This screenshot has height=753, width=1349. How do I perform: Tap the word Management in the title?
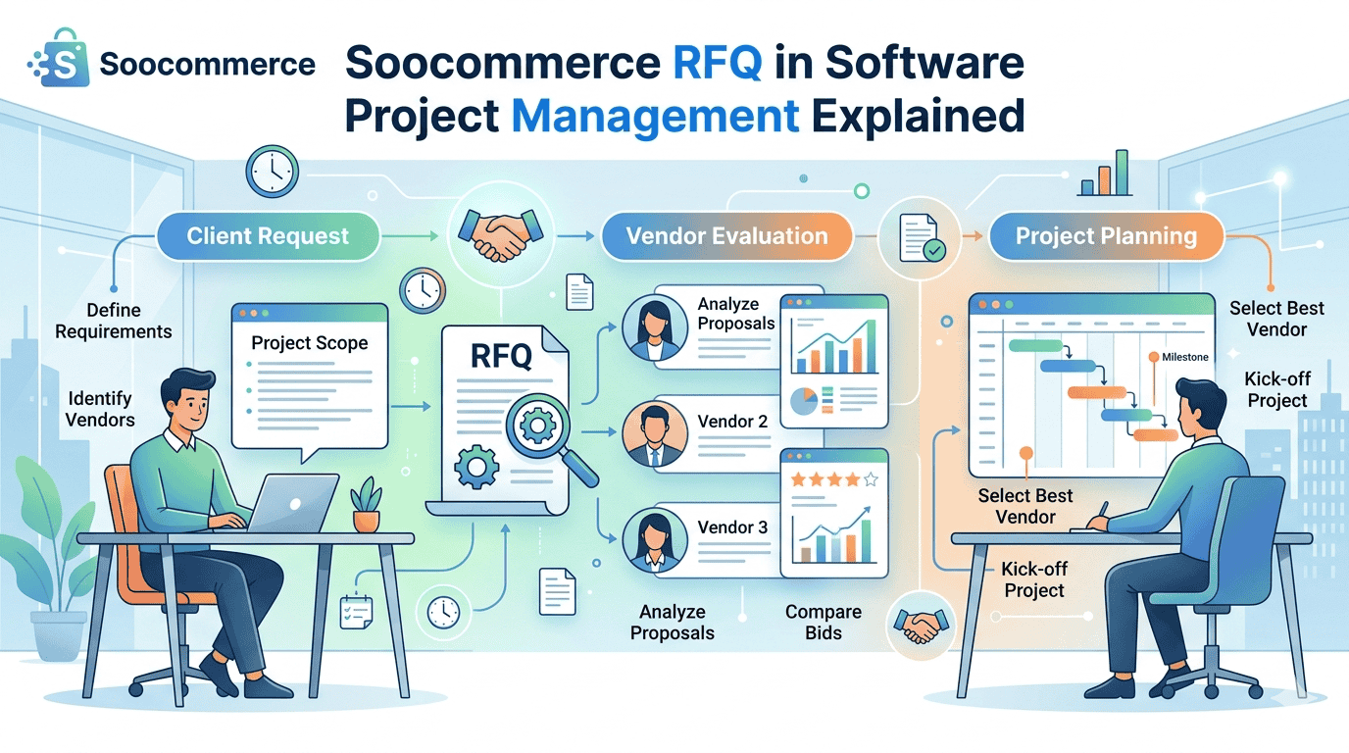click(x=655, y=116)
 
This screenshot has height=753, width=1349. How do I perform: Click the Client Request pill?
click(x=268, y=236)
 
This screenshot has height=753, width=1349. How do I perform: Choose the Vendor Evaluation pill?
click(x=726, y=236)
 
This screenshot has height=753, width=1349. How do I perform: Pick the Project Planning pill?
click(x=1105, y=236)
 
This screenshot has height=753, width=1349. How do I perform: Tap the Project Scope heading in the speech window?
click(x=309, y=343)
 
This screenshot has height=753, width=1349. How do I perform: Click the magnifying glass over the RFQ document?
click(x=541, y=427)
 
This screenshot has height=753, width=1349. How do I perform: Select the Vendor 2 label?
click(x=732, y=422)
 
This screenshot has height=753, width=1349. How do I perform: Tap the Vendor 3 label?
click(x=732, y=527)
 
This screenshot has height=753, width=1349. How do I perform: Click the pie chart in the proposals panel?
click(x=804, y=402)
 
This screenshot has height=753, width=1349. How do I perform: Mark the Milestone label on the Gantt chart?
click(x=1184, y=357)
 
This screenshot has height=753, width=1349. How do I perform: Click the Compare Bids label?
click(x=823, y=622)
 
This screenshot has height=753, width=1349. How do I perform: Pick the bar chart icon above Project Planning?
click(x=1105, y=175)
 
